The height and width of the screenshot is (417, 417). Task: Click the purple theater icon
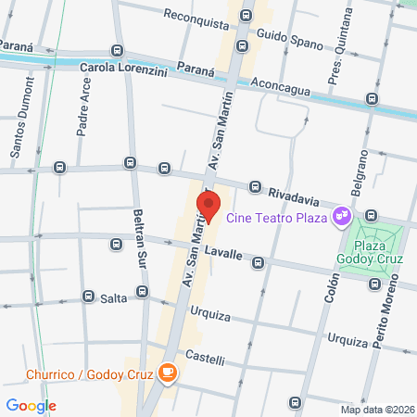342,216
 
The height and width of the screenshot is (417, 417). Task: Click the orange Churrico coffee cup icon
167,373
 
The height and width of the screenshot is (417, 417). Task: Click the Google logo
31,405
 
